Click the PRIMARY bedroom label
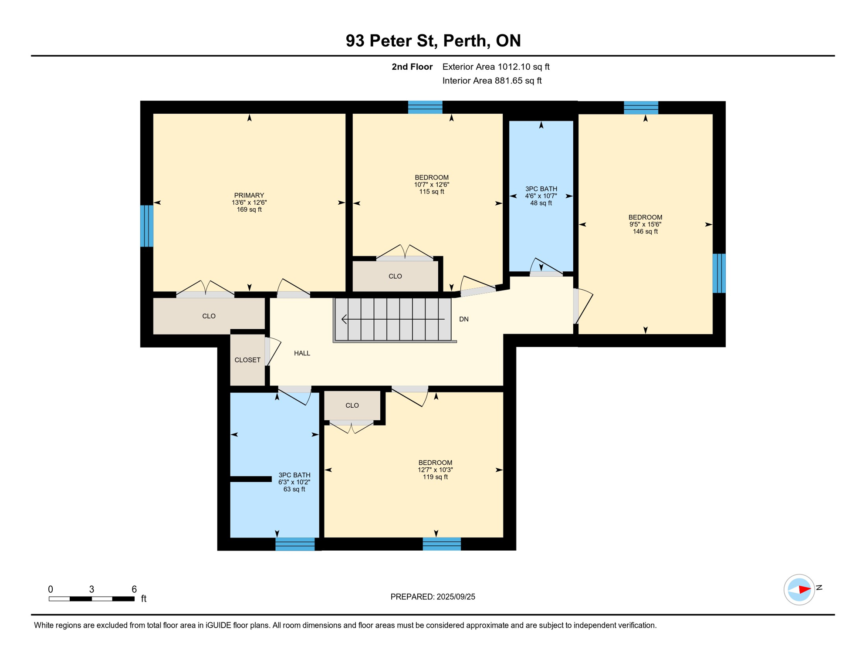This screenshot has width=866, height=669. coord(249,195)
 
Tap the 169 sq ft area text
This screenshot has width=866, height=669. coord(249,209)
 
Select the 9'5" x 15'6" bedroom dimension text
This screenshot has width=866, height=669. coord(645,224)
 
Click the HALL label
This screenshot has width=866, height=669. coord(302,353)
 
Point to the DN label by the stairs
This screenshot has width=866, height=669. coord(464,319)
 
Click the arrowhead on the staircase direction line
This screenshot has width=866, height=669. coord(344,319)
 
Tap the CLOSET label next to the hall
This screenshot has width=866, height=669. coord(247,360)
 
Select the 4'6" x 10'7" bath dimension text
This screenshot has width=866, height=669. coord(541,196)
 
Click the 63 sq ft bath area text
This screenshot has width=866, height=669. coord(294,489)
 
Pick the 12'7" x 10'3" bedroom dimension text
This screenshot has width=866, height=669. coord(435,470)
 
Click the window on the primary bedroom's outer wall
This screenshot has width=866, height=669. coord(147,226)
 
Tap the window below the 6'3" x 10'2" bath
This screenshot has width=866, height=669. coord(295,544)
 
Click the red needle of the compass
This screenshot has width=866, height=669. coord(805,590)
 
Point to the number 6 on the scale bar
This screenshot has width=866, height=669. coord(134,589)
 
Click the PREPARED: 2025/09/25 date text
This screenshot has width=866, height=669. coord(433,597)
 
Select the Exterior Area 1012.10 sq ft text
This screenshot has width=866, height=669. coord(496,67)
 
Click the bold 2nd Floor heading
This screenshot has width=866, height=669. coord(412,67)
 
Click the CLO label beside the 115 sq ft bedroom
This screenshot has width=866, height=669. coord(395,276)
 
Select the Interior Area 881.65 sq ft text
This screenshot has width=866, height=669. coord(492,81)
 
